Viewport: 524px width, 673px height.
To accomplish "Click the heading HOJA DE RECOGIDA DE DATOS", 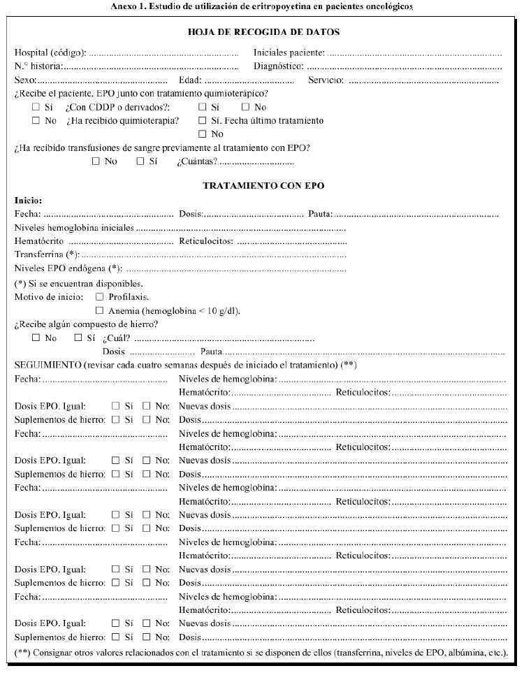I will tap(264, 32).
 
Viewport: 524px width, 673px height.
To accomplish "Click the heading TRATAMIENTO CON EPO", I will tap(263, 186).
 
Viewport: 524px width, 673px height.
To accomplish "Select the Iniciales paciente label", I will tap(289, 52).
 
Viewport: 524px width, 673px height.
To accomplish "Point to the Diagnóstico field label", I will tap(278, 66).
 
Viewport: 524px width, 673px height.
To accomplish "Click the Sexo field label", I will tap(25, 80).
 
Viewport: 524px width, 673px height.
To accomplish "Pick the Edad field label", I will tap(190, 80).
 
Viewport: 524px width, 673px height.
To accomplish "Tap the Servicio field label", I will tap(326, 80).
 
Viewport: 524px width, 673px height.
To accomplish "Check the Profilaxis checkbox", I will tap(99, 297).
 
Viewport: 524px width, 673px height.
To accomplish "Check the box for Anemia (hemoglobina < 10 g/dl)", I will tap(99, 310).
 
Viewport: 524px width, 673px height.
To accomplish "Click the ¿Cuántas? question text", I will tap(197, 161).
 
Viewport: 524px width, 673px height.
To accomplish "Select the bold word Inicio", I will tap(28, 201).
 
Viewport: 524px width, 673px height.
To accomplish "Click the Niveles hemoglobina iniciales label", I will tap(74, 228).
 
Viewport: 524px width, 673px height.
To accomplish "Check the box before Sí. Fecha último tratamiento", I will tap(203, 121).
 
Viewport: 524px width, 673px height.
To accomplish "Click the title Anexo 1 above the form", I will tap(261, 7).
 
